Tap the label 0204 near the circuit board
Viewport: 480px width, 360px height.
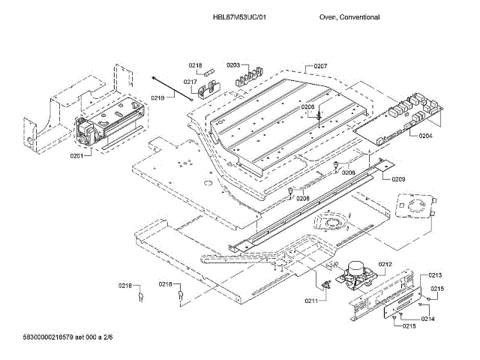(425, 136)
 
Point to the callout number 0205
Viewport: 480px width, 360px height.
(308, 107)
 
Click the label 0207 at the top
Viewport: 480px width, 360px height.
(320, 66)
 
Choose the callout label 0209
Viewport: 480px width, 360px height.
(398, 179)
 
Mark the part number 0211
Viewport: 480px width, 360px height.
(311, 301)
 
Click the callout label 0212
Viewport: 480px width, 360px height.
(385, 264)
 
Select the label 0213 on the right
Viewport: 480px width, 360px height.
(436, 275)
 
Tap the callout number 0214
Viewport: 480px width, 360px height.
(427, 319)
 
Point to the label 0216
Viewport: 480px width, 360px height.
(124, 285)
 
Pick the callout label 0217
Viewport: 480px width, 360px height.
(190, 82)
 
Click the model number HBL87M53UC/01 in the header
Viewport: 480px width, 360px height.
(240, 16)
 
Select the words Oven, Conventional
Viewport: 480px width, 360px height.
(349, 16)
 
